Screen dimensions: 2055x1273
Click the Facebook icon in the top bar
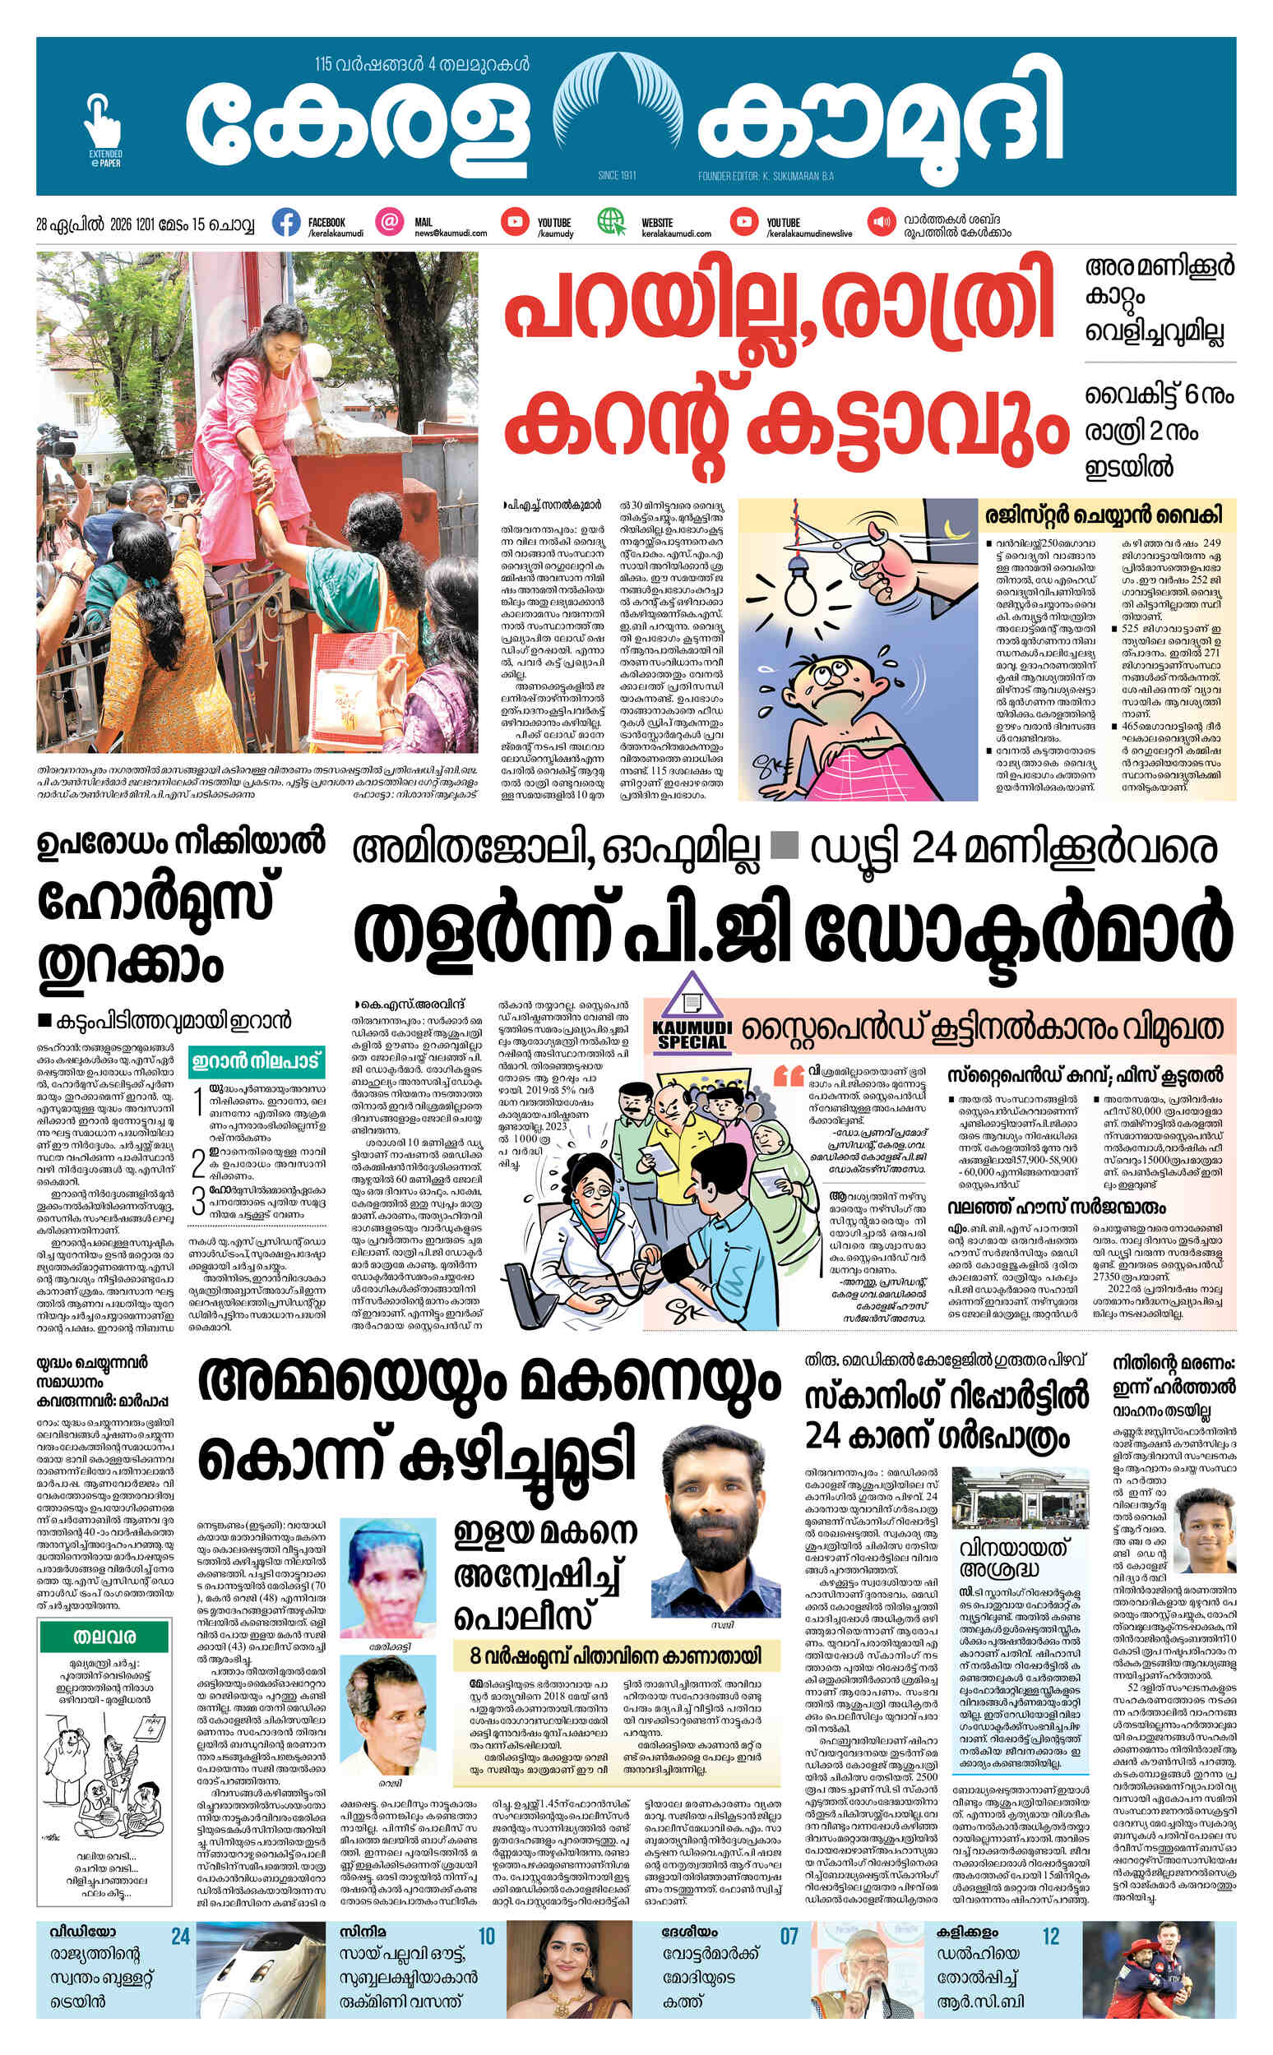(x=286, y=223)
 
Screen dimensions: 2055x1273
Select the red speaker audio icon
(x=882, y=222)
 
